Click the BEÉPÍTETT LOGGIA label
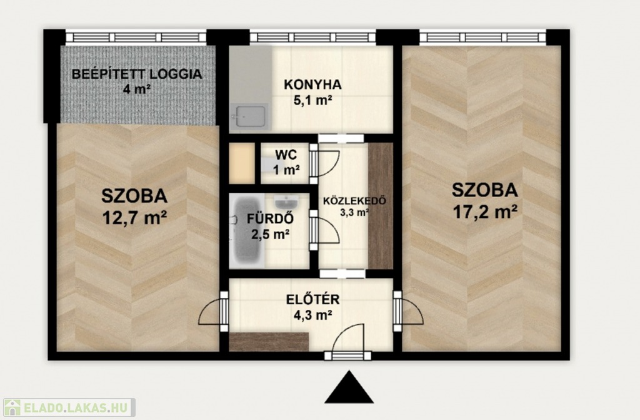click(137, 74)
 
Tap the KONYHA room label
click(312, 85)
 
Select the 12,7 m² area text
click(134, 218)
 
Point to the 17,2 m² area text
click(485, 212)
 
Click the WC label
click(286, 155)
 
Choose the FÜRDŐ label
click(270, 219)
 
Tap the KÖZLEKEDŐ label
click(354, 201)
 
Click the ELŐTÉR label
click(312, 299)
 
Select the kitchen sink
click(249, 116)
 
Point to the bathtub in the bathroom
click(247, 231)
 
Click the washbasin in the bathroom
click(286, 202)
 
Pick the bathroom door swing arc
click(329, 230)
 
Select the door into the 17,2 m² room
click(408, 311)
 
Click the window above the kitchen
click(312, 37)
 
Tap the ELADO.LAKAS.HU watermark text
click(77, 407)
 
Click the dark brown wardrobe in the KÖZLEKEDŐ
click(381, 206)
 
